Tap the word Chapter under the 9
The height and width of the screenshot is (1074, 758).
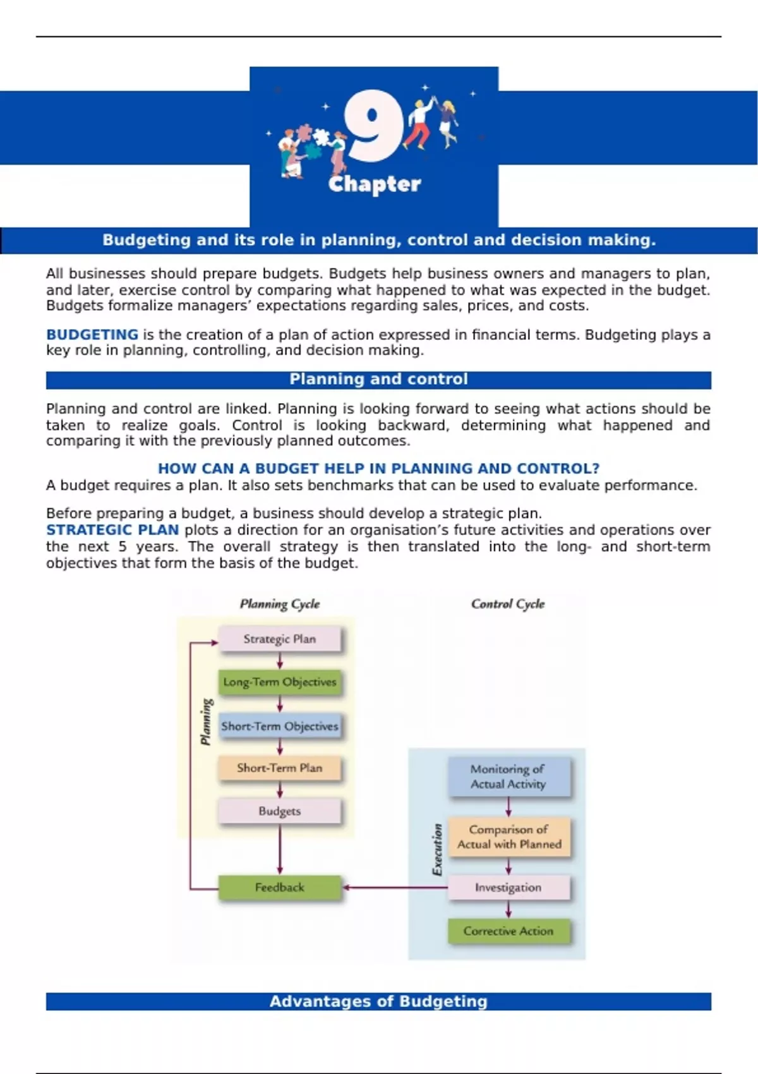(375, 184)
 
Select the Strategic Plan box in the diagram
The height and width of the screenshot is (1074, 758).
(280, 639)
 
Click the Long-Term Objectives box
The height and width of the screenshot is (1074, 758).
(280, 682)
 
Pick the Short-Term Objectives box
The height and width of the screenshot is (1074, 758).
(280, 727)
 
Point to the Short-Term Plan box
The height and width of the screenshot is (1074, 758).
(280, 768)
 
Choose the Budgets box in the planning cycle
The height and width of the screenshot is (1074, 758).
(280, 811)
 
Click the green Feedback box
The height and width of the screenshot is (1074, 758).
(280, 888)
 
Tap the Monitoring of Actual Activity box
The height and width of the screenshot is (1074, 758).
(508, 776)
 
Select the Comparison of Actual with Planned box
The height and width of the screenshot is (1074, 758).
(509, 836)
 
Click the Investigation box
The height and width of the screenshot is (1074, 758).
(508, 888)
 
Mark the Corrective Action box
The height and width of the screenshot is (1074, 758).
(508, 931)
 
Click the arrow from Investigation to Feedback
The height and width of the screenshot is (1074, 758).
(395, 888)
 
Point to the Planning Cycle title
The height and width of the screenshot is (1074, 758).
(280, 604)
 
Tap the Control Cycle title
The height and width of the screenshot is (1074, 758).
(508, 604)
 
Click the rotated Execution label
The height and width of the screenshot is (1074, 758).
(437, 849)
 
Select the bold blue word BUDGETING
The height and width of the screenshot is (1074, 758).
(92, 335)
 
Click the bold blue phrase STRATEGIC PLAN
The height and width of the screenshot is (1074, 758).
(112, 530)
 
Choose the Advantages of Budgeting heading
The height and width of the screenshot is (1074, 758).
(378, 1001)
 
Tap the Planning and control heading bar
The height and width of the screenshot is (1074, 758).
(378, 380)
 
